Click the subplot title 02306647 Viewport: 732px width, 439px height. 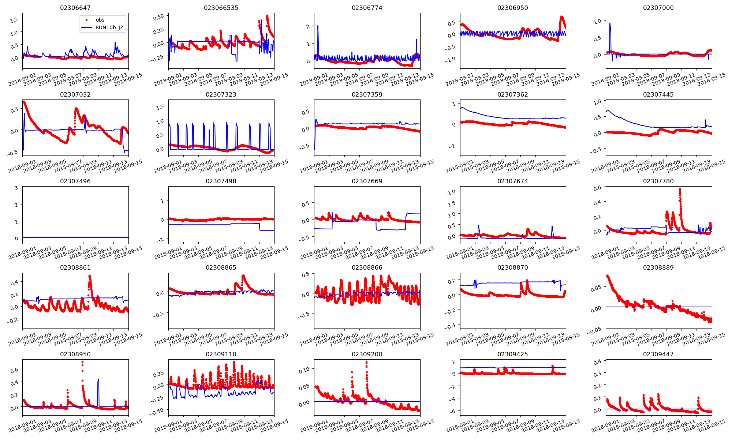click(x=75, y=8)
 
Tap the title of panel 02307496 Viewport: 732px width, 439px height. click(x=75, y=181)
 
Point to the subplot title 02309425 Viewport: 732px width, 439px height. click(x=512, y=354)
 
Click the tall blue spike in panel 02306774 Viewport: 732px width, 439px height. click(x=318, y=26)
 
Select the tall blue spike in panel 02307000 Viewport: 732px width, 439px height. click(x=610, y=23)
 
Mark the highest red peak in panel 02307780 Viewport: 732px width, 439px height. click(x=680, y=189)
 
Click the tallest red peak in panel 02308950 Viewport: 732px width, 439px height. click(x=82, y=362)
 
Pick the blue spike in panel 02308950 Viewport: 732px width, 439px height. click(x=98, y=380)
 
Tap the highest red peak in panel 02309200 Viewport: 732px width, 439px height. click(x=366, y=362)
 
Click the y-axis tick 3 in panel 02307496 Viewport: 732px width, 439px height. click(x=16, y=188)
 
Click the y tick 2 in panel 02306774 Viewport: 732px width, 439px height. click(x=308, y=26)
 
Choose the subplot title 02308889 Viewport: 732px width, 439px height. click(x=658, y=267)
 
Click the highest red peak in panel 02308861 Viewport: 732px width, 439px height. click(x=90, y=276)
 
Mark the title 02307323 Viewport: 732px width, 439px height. click(x=221, y=94)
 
